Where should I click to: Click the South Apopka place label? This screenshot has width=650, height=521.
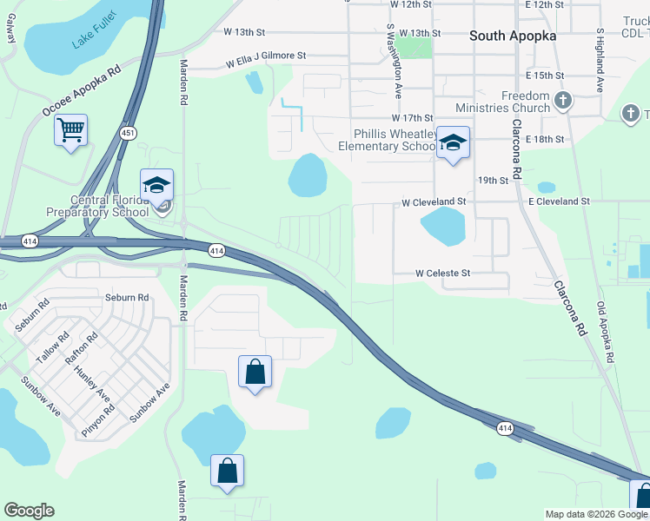click(x=512, y=36)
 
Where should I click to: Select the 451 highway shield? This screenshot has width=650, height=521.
click(x=128, y=133)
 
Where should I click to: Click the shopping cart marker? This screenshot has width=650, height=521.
click(x=70, y=131)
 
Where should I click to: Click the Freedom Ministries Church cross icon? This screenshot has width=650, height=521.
click(x=562, y=101)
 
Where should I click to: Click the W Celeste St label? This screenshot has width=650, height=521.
click(x=442, y=273)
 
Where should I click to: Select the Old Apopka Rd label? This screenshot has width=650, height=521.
click(x=606, y=333)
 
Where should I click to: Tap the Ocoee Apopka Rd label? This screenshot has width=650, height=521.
click(x=81, y=90)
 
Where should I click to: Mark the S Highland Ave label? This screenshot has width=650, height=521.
click(x=600, y=62)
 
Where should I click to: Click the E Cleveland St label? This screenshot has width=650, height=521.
click(x=559, y=201)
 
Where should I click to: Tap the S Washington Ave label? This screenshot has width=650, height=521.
click(x=394, y=61)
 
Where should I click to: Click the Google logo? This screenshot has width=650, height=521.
click(x=29, y=511)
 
